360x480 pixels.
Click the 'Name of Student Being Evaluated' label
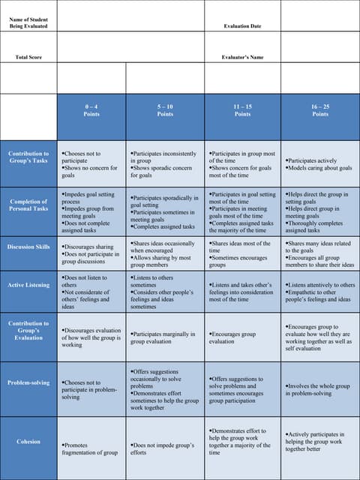pyautogui.click(x=28, y=22)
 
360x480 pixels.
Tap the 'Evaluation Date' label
pyautogui.click(x=242, y=26)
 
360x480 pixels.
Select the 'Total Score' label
pyautogui.click(x=28, y=57)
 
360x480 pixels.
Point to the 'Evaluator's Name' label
pyautogui.click(x=242, y=57)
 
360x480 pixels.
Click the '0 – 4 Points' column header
pyautogui.click(x=91, y=110)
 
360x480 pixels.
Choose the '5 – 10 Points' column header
pyautogui.click(x=165, y=110)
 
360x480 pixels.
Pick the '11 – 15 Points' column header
pyautogui.click(x=242, y=110)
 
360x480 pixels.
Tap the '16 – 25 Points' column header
pyautogui.click(x=320, y=110)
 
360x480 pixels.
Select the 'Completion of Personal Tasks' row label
pyautogui.click(x=28, y=205)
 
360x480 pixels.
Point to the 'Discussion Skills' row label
pyautogui.click(x=28, y=247)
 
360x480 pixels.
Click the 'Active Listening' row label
pyautogui.click(x=28, y=285)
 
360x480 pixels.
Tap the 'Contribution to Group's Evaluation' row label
pyautogui.click(x=28, y=331)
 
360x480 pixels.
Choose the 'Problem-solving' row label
pyautogui.click(x=28, y=382)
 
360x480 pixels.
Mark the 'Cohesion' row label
pyautogui.click(x=28, y=442)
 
